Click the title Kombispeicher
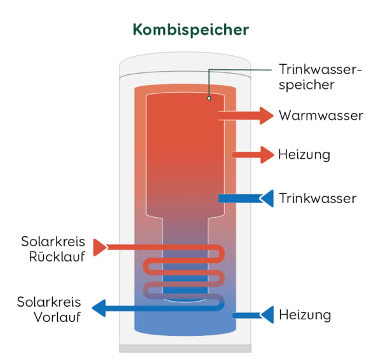(x=190, y=30)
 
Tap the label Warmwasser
(x=321, y=116)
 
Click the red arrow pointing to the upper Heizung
(x=254, y=154)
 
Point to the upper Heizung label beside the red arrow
(x=304, y=154)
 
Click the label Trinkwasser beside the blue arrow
(x=317, y=198)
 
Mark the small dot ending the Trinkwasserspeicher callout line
(x=209, y=99)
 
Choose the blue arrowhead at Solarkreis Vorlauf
(x=99, y=309)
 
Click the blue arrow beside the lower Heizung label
(x=254, y=314)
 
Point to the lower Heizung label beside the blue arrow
(x=305, y=314)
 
